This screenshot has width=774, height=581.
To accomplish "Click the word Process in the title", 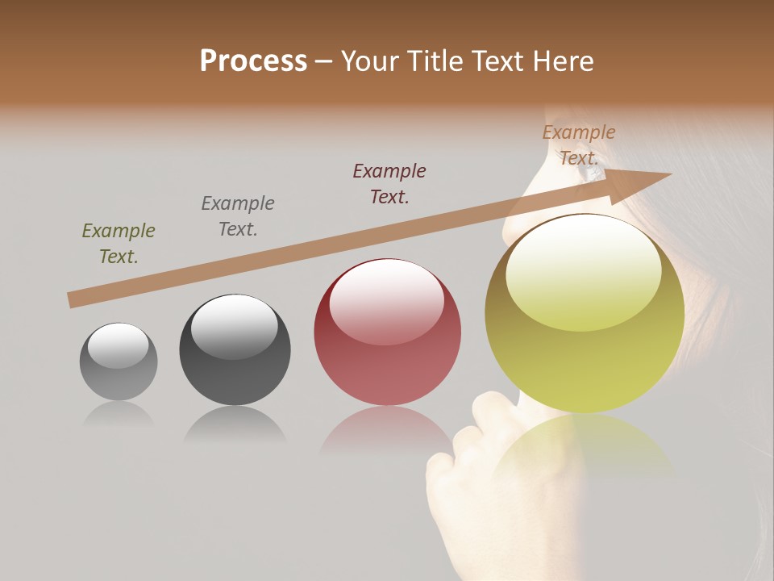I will [x=253, y=61].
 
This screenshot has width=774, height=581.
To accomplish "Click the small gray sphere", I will [x=119, y=362].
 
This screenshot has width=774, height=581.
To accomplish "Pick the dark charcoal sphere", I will [x=235, y=349].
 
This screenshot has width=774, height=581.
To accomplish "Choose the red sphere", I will [x=387, y=332].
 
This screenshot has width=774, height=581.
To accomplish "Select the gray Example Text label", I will [x=238, y=216].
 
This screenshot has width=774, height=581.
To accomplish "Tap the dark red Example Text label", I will [x=389, y=184].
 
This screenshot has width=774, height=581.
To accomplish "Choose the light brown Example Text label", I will [x=579, y=144].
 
